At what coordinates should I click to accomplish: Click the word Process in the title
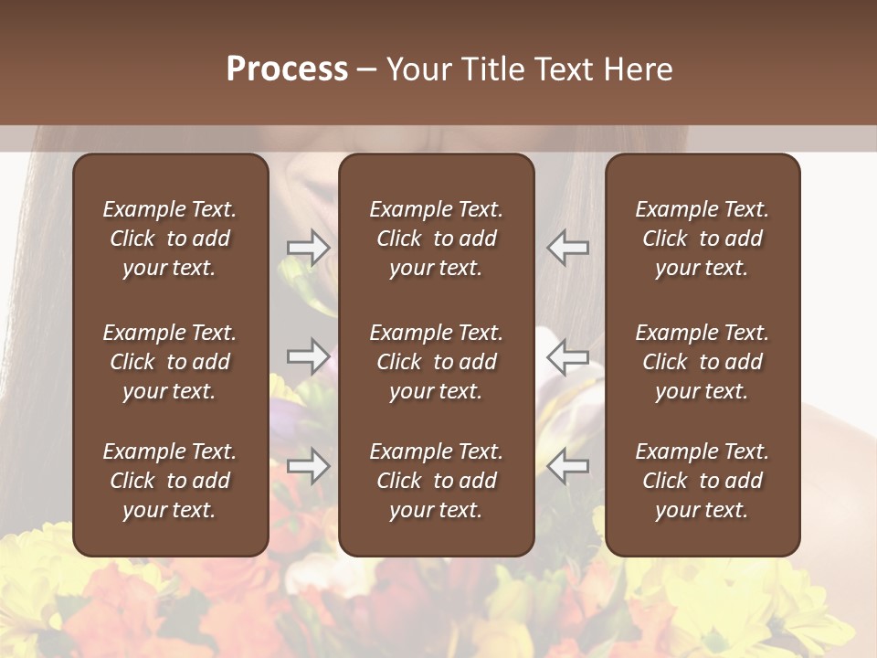pos(287,69)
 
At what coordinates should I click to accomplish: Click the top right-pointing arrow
pos(309,248)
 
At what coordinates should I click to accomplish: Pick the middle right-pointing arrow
pos(309,356)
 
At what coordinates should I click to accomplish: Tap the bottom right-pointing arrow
pos(309,467)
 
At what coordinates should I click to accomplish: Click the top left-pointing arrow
pos(568,248)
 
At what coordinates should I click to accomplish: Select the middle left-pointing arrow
pos(568,356)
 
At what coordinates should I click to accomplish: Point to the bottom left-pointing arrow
pos(568,467)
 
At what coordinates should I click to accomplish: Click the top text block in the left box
pos(170,239)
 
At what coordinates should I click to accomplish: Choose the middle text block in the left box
pos(170,362)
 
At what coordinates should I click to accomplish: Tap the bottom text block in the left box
pos(170,481)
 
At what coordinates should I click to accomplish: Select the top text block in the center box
pos(436,239)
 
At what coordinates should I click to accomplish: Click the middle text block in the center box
pos(436,362)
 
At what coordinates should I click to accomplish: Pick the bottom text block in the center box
pos(436,481)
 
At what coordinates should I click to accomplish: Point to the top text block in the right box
pos(702,239)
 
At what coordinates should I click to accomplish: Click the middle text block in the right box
pos(702,362)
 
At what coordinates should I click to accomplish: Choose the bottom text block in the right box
pos(702,481)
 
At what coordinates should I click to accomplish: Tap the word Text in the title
pos(565,69)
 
